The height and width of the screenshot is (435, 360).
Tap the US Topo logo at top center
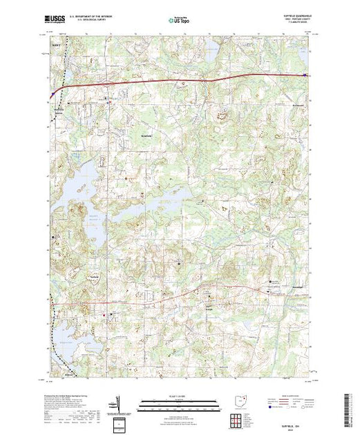178,21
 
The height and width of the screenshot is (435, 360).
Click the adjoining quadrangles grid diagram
238,417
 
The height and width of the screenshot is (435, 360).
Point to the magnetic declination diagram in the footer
119,405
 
